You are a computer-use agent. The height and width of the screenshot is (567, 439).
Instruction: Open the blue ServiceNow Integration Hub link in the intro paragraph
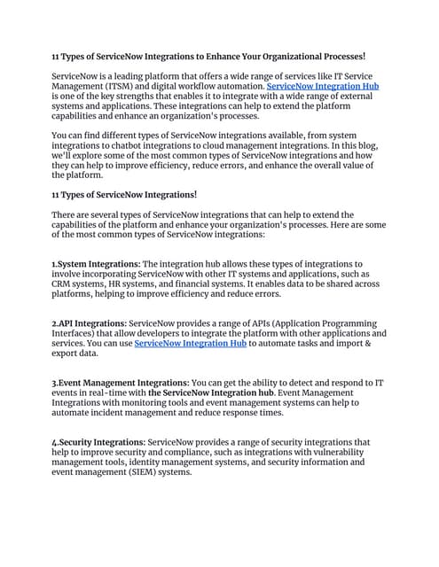click(x=323, y=88)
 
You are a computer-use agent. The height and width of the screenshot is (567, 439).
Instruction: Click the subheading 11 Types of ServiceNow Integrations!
click(x=124, y=194)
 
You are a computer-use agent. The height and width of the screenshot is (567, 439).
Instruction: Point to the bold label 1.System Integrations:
click(x=96, y=263)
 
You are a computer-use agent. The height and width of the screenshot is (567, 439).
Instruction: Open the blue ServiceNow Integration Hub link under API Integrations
click(x=190, y=343)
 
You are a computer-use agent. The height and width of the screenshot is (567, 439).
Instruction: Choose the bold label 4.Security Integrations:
click(x=98, y=441)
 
